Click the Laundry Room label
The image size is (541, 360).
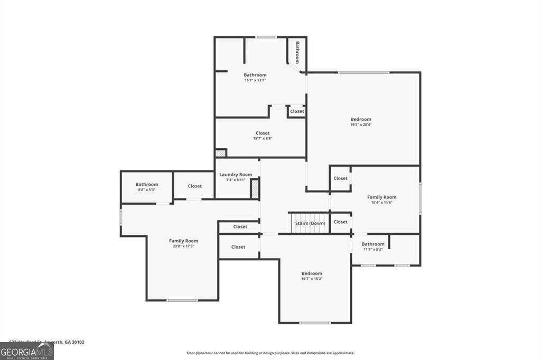click(236, 174)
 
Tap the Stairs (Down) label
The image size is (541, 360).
click(310, 223)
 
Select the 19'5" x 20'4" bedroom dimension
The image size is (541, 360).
click(361, 125)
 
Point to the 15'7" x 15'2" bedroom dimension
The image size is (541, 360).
click(312, 279)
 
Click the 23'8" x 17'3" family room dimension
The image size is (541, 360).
click(183, 246)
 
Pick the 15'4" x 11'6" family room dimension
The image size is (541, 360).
click(381, 202)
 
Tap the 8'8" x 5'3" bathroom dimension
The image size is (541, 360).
click(146, 190)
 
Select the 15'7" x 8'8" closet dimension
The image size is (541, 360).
click(262, 138)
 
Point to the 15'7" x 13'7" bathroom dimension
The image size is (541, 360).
click(255, 80)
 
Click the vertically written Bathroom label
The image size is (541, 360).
click(297, 52)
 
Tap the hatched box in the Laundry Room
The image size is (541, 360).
click(254, 188)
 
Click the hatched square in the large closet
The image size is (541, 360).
click(220, 153)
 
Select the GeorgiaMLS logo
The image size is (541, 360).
click(26, 351)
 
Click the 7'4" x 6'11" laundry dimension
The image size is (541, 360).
click(236, 180)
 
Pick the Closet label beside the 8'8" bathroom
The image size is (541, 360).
click(194, 186)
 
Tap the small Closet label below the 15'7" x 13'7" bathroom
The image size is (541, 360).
click(297, 111)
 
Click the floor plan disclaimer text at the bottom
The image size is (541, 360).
click(270, 353)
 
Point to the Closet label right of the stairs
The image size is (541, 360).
click(341, 222)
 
